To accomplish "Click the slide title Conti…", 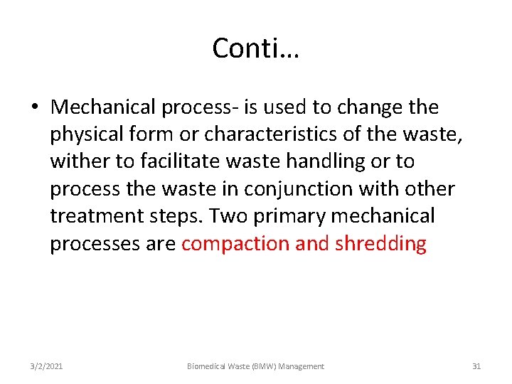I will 256,48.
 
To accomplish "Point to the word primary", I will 292,216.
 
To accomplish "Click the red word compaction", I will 235,244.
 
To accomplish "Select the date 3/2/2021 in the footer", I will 46,366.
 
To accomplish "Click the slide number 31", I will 476,366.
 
